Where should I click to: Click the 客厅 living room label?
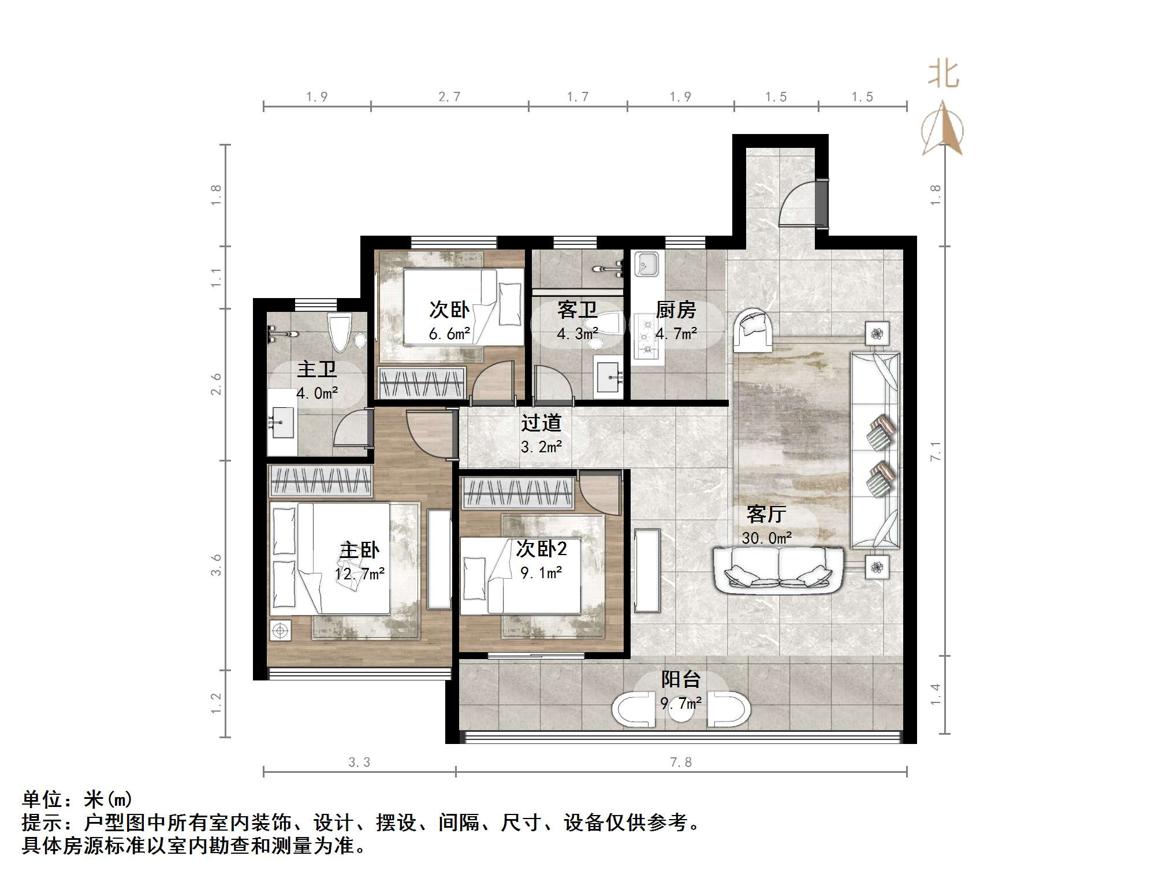point(766,514)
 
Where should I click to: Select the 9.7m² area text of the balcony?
point(681,703)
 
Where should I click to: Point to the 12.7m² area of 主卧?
point(359,574)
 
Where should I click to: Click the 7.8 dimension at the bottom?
point(680,762)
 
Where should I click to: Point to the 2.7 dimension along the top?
point(449,97)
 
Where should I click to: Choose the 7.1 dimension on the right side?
point(936,451)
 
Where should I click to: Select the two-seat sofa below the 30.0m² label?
point(778,570)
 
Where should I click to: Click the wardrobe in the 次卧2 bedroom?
point(517,493)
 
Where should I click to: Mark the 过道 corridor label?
point(541,423)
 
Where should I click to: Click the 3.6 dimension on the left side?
point(216,565)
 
